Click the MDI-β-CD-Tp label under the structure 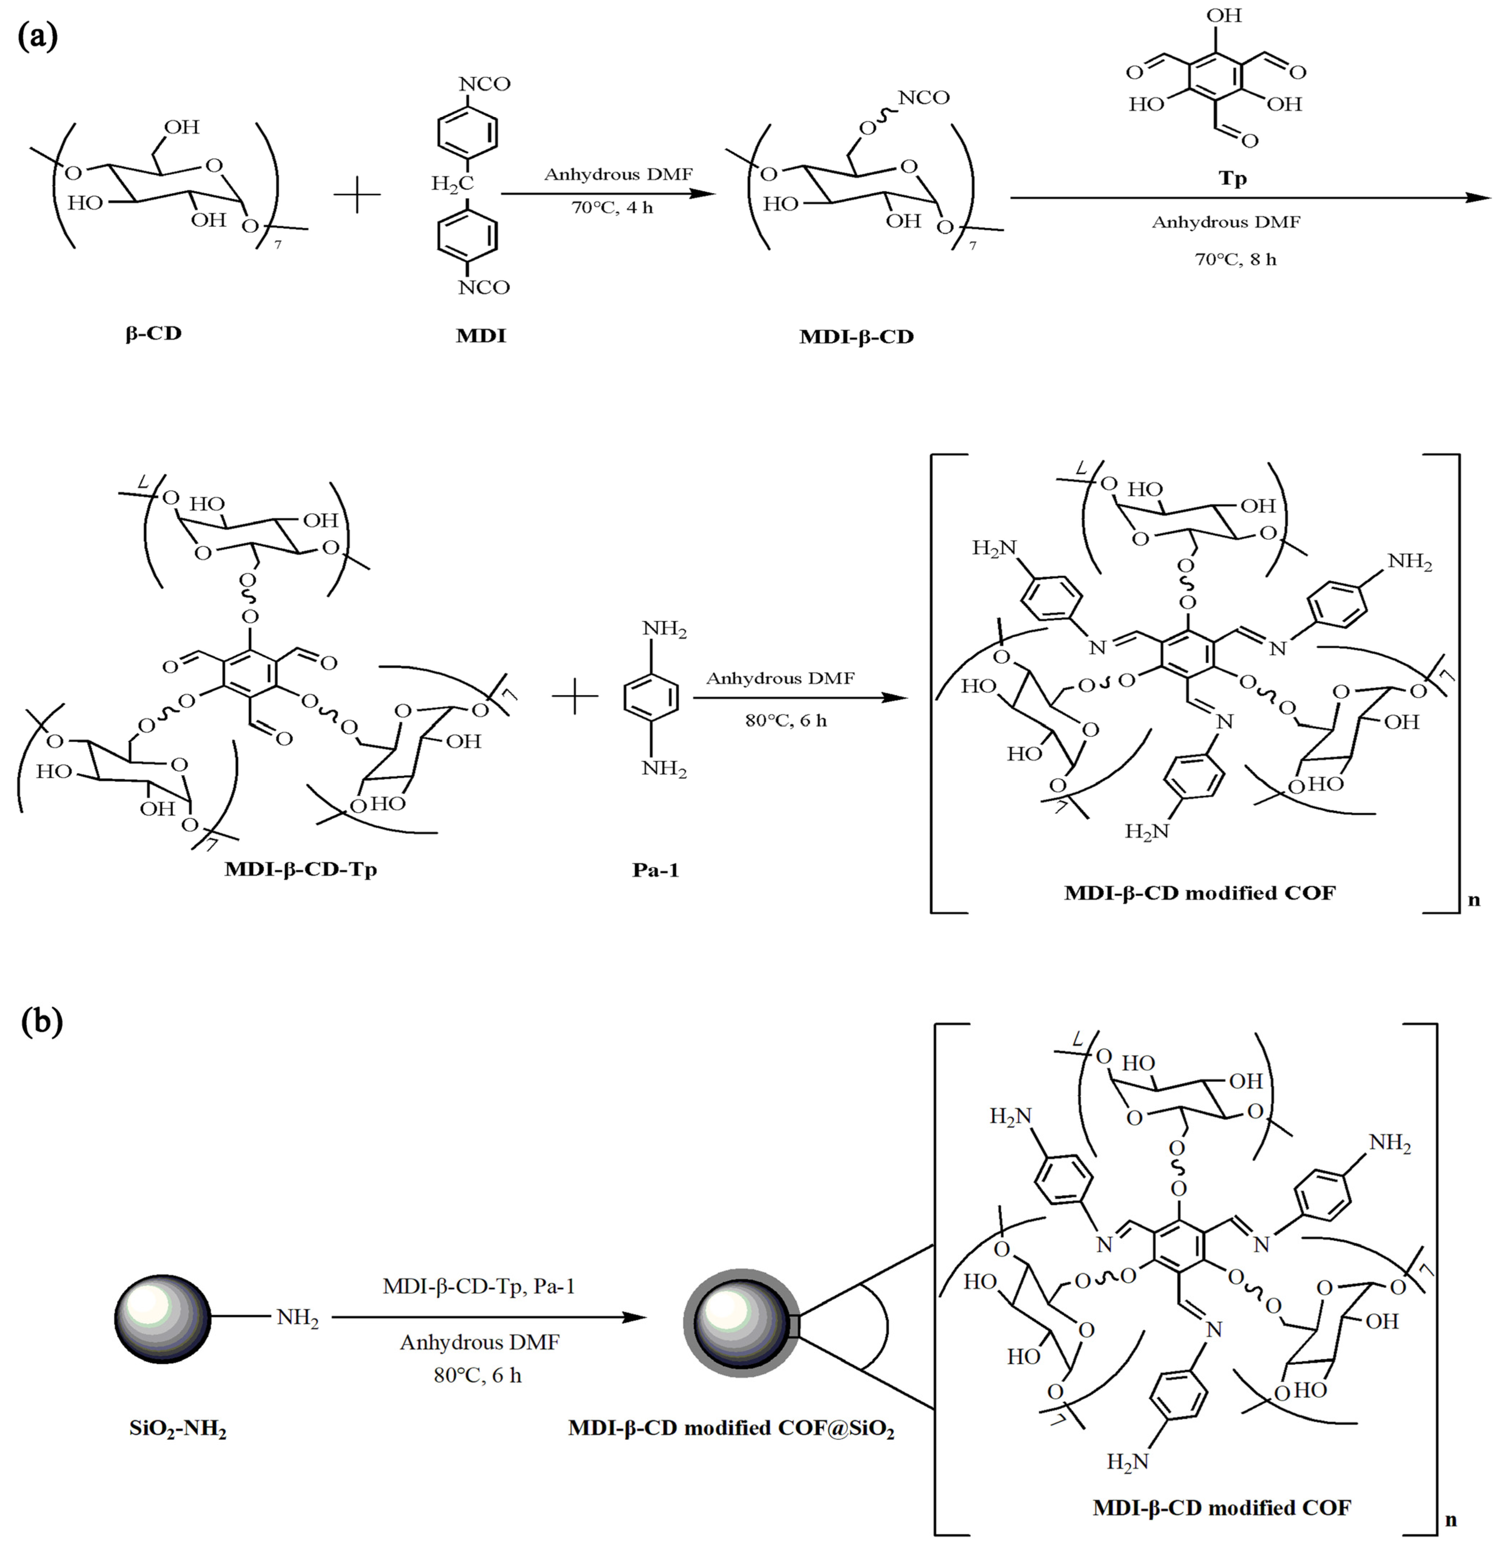coord(300,870)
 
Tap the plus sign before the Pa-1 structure coord(575,698)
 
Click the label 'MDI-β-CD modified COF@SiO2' coord(731,1430)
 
